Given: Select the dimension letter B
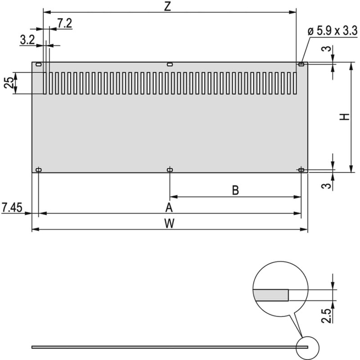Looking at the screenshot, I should pos(235,190).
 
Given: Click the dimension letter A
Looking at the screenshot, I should pos(169,207).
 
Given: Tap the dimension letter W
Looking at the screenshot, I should pos(169,223).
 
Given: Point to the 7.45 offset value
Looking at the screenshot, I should pos(12,207).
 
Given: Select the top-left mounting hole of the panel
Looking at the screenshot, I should pos(39,65).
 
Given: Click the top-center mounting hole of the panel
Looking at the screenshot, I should pos(170,65).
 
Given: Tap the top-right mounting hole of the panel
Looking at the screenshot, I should pos(301,65).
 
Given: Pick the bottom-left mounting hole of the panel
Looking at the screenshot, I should pos(39,170).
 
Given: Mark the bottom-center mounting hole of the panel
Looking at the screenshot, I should pos(170,170).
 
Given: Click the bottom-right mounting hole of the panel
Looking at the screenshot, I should pos(301,170).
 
